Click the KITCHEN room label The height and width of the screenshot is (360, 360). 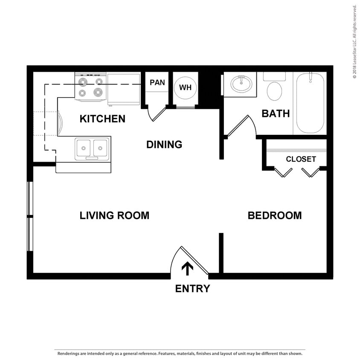pyautogui.click(x=102, y=119)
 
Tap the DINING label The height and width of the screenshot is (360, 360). pyautogui.click(x=164, y=145)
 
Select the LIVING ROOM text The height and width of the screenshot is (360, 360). pyautogui.click(x=114, y=215)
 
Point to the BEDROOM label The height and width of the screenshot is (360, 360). pyautogui.click(x=275, y=215)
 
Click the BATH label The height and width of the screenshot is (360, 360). pyautogui.click(x=276, y=113)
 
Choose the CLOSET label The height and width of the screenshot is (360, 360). pyautogui.click(x=301, y=159)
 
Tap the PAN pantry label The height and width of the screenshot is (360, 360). pyautogui.click(x=157, y=82)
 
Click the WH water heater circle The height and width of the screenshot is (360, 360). pyautogui.click(x=185, y=87)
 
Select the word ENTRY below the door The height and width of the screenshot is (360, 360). pyautogui.click(x=192, y=289)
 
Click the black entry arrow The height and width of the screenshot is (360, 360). pyautogui.click(x=188, y=268)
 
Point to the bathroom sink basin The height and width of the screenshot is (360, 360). pyautogui.click(x=241, y=84)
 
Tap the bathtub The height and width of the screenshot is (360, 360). pyautogui.click(x=310, y=103)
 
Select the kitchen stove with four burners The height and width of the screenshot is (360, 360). pyautogui.click(x=90, y=87)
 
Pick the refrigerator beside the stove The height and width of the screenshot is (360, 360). pyautogui.click(x=124, y=89)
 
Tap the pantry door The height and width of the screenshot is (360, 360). pyautogui.click(x=157, y=113)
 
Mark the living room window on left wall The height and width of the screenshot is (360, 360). pyautogui.click(x=29, y=217)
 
